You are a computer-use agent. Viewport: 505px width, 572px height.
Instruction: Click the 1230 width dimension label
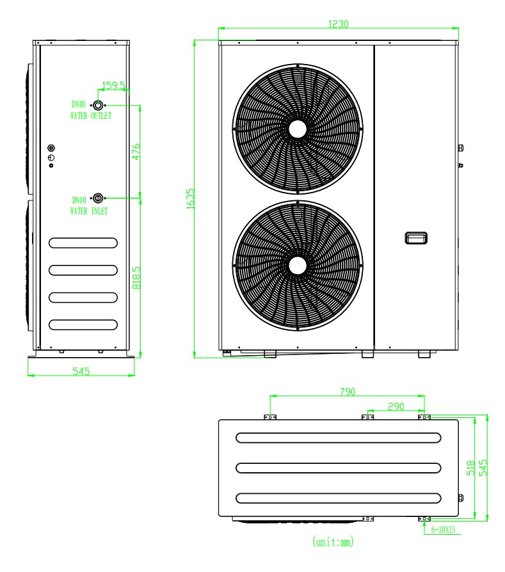338,24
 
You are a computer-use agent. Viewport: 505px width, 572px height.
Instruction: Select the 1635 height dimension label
191,199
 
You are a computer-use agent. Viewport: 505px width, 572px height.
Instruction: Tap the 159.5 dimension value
113,85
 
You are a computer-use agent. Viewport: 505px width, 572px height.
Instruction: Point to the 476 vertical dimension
136,152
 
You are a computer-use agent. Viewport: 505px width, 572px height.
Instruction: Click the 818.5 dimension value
136,278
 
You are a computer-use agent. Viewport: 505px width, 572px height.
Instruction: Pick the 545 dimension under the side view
81,371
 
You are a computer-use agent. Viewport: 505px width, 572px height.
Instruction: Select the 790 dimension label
348,392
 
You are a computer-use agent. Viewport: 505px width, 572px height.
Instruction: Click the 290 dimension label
396,406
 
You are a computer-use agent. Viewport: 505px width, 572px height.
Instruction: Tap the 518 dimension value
470,468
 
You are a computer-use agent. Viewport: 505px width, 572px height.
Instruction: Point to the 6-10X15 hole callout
444,530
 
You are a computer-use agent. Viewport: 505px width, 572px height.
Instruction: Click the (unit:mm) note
333,542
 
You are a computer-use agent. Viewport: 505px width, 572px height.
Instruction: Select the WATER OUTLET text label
91,116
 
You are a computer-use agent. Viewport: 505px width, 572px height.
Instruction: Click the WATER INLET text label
89,211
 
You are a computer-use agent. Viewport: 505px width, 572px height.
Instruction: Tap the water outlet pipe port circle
98,106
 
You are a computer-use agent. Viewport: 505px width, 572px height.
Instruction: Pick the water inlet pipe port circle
98,198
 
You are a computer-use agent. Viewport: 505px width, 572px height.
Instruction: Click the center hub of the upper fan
298,129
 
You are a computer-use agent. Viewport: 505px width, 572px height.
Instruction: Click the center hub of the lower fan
298,266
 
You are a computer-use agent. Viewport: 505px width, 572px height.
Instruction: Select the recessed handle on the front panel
416,238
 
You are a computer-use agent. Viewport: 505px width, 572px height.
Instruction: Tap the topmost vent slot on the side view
83,243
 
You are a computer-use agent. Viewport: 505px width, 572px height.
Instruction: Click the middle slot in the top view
338,468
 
